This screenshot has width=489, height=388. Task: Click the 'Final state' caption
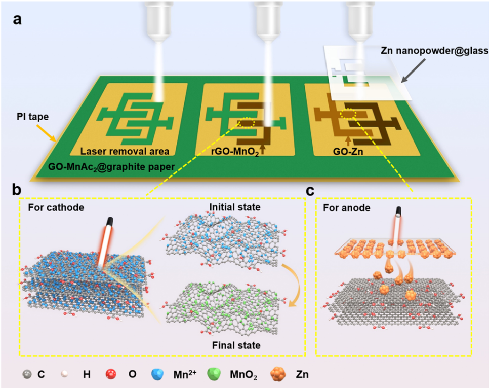coord(235,345)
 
